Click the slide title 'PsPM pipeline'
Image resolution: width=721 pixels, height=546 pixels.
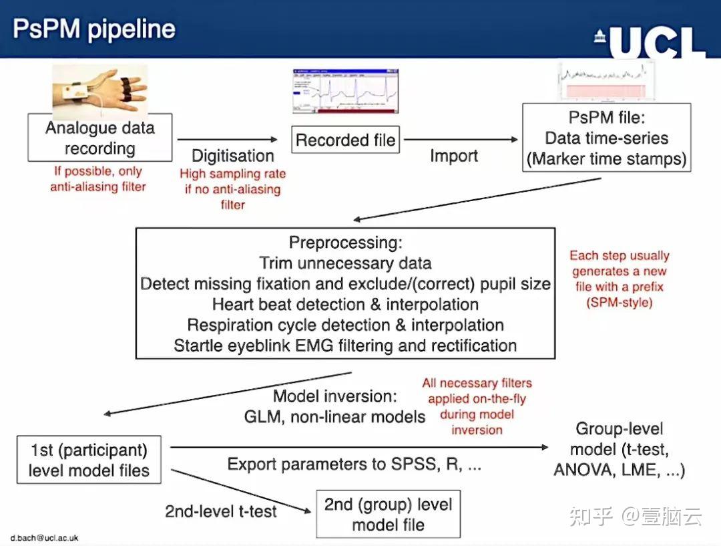tap(94, 29)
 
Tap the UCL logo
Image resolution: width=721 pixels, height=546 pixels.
tap(650, 43)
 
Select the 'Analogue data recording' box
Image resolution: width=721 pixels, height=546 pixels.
tap(99, 137)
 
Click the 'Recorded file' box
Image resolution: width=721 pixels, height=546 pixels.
tap(345, 140)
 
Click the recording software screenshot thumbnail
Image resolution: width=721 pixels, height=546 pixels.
tap(345, 91)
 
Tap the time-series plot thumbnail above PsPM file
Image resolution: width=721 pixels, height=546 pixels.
tap(606, 82)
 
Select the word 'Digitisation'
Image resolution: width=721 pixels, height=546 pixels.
tap(233, 156)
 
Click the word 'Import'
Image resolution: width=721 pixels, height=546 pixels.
tap(454, 156)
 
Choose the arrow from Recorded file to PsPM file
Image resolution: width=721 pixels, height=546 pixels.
tap(461, 140)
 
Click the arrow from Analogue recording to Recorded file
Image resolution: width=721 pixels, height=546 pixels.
tap(228, 139)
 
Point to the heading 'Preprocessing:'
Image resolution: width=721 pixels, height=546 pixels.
tap(345, 242)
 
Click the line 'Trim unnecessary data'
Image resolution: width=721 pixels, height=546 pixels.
tap(345, 263)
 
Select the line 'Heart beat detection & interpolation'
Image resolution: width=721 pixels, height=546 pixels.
tap(345, 304)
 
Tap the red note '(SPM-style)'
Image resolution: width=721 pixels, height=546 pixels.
tap(620, 303)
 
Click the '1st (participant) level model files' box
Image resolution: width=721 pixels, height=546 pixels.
tap(89, 459)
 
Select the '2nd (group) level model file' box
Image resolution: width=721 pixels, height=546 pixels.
tap(388, 514)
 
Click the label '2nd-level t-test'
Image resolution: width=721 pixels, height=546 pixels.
tap(221, 511)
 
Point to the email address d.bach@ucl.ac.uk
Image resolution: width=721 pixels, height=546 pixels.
tap(45, 538)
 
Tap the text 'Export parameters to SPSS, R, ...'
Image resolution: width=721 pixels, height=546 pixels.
tap(354, 464)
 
